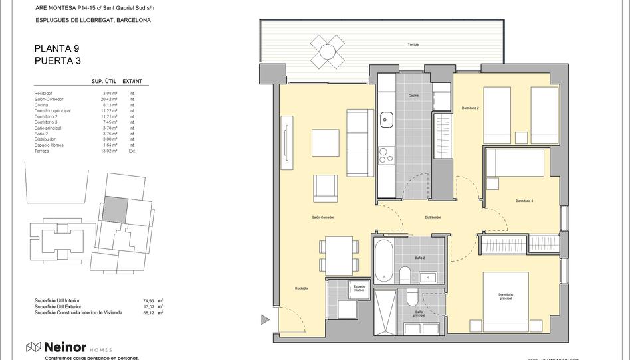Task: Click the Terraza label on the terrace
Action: coord(413,45)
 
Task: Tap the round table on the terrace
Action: coord(327,51)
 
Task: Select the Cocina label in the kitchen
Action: coord(413,96)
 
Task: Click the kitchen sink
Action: coord(385,121)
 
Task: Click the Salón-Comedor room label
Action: coord(322,217)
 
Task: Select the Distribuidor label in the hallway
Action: coord(433,217)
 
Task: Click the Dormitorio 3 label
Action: coord(524,201)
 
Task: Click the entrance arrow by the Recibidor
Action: coord(264,320)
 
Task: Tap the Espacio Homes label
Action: coord(359,288)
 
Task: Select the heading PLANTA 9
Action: coord(56,48)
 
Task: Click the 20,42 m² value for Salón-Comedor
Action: coord(109,99)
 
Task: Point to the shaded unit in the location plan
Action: coord(117,209)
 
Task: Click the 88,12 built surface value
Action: coord(148,312)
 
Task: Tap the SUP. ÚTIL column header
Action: coord(104,81)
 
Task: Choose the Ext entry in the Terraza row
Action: coord(132,151)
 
